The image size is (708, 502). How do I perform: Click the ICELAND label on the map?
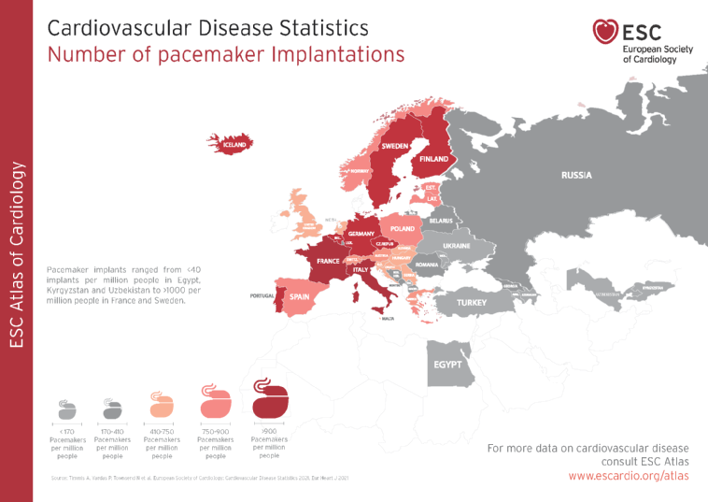(x=234, y=146)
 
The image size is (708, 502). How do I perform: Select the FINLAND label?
(x=433, y=160)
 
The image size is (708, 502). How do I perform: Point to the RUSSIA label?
(x=576, y=176)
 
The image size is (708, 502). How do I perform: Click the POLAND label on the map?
(x=403, y=229)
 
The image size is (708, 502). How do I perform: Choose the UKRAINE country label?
(x=456, y=246)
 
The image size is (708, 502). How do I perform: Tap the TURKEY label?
(x=472, y=303)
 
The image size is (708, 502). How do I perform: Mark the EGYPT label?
(x=447, y=365)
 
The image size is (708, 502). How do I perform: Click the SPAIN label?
(x=299, y=297)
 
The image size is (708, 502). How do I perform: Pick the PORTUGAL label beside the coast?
(x=262, y=296)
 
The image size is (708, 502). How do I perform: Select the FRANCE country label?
(x=328, y=262)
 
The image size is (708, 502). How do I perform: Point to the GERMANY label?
(x=361, y=234)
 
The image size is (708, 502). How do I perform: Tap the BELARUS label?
(x=440, y=221)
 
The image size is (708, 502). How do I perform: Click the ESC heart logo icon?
(x=605, y=32)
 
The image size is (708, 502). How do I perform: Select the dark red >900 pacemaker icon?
(x=269, y=402)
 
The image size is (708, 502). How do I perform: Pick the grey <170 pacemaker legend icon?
(x=67, y=409)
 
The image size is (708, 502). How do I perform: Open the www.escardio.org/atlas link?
(x=629, y=476)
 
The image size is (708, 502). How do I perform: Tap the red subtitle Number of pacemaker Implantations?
(x=226, y=54)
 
